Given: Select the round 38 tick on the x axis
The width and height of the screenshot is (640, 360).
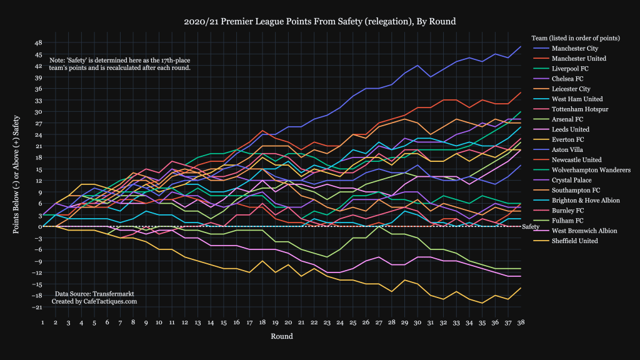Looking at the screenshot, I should pyautogui.click(x=521, y=322).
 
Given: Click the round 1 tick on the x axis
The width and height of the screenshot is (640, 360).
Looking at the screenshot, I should pyautogui.click(x=42, y=322).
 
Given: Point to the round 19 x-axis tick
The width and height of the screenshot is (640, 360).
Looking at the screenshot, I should pyautogui.click(x=276, y=322).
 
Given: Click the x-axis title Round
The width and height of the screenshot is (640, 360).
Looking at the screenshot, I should pyautogui.click(x=282, y=336).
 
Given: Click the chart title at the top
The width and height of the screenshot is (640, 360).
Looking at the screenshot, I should pyautogui.click(x=319, y=21).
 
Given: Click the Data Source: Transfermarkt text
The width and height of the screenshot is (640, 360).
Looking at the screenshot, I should pyautogui.click(x=94, y=293).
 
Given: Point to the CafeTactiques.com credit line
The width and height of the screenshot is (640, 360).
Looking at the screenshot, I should pyautogui.click(x=94, y=301).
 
